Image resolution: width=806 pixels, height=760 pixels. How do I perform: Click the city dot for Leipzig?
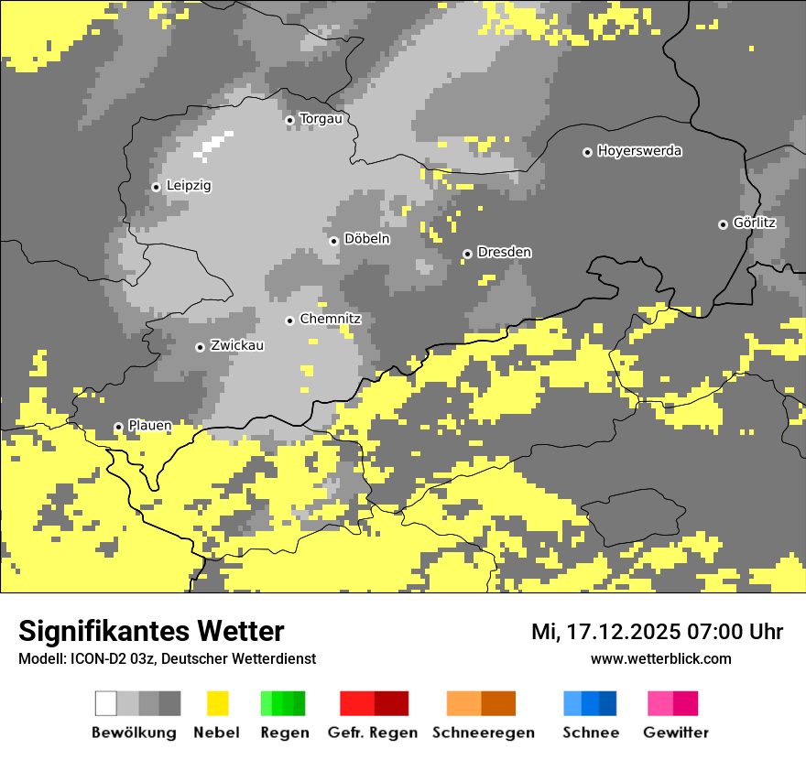pyautogui.click(x=156, y=187)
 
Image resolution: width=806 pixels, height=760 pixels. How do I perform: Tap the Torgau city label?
pyautogui.click(x=321, y=119)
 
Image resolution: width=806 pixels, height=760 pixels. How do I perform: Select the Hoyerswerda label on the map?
pyautogui.click(x=639, y=151)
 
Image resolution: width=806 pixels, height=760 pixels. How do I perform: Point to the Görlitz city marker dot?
pyautogui.click(x=723, y=224)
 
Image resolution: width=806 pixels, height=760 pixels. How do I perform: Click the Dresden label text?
pyautogui.click(x=505, y=253)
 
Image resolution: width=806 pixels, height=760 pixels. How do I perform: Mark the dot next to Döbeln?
pyautogui.click(x=333, y=241)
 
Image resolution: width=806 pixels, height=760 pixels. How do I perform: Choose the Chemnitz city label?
pyautogui.click(x=331, y=320)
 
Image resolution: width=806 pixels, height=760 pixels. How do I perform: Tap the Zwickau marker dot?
pyautogui.click(x=200, y=347)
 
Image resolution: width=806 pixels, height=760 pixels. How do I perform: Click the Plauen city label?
pyautogui.click(x=149, y=426)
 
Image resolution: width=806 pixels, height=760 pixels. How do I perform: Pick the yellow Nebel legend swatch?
pyautogui.click(x=217, y=703)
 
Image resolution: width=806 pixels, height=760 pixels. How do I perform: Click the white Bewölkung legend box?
pyautogui.click(x=106, y=703)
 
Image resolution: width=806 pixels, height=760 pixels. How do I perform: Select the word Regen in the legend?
pyautogui.click(x=283, y=733)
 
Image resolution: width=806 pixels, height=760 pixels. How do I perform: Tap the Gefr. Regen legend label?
pyautogui.click(x=373, y=733)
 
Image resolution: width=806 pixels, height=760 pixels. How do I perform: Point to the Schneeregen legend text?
pyautogui.click(x=484, y=733)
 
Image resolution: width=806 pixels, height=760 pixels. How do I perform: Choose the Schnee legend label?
pyautogui.click(x=590, y=733)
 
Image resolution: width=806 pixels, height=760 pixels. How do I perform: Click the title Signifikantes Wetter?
pyautogui.click(x=151, y=631)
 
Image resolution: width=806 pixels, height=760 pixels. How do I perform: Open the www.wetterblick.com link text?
pyautogui.click(x=660, y=658)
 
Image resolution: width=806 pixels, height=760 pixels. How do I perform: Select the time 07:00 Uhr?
pyautogui.click(x=729, y=632)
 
